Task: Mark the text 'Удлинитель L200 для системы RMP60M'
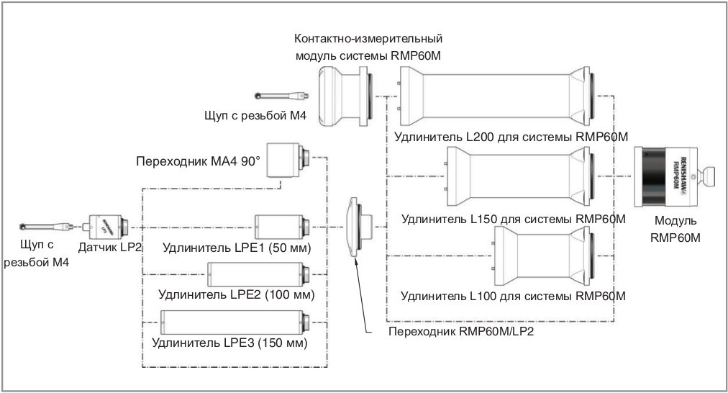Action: tap(507, 137)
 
